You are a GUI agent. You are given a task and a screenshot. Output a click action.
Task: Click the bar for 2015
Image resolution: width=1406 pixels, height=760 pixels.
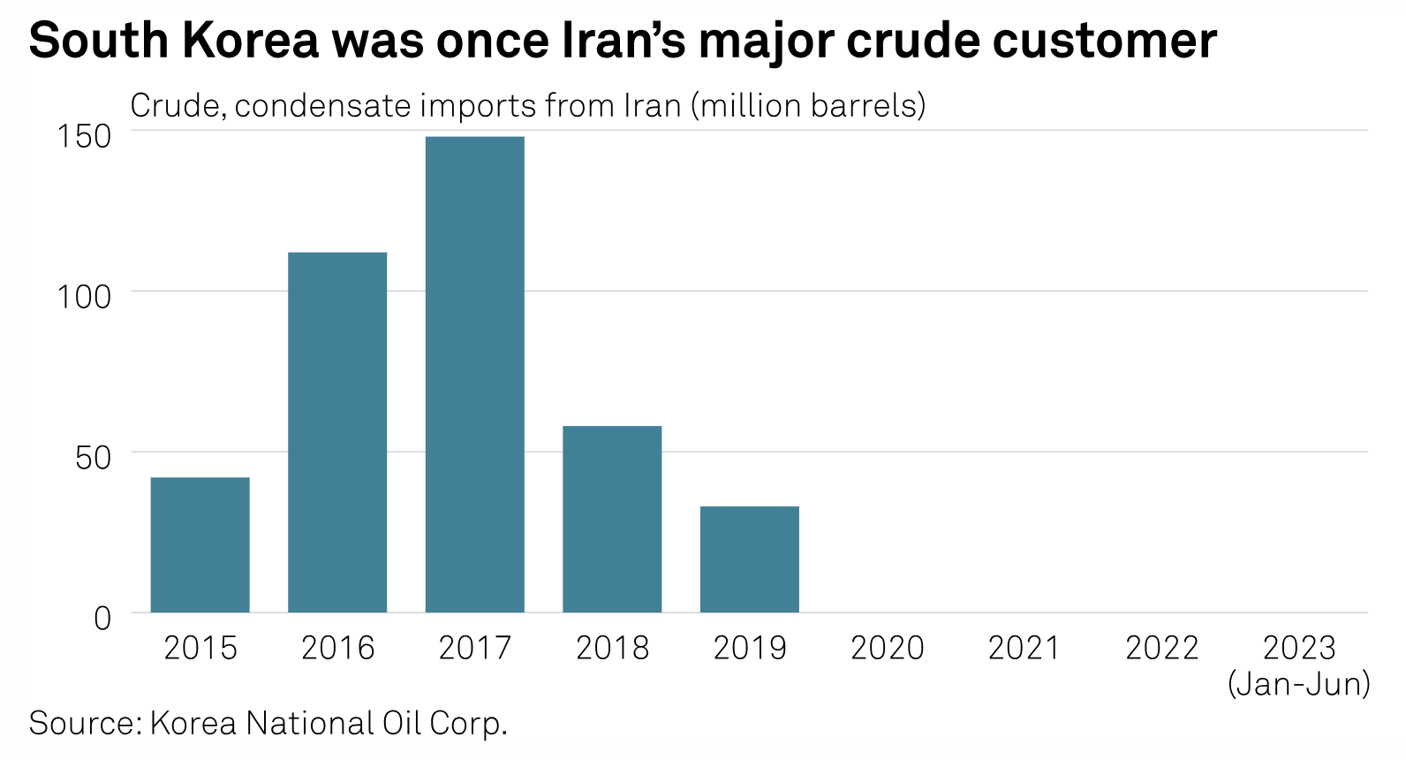point(200,544)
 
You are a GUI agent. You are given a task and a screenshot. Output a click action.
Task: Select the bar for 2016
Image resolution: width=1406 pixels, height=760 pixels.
point(337,432)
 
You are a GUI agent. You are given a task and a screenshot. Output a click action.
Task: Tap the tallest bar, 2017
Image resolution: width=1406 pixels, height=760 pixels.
point(475,374)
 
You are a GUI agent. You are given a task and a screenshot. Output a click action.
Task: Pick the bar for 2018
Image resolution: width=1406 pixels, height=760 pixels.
point(612,519)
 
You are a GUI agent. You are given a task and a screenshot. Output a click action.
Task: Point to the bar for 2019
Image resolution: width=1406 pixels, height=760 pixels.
point(750,559)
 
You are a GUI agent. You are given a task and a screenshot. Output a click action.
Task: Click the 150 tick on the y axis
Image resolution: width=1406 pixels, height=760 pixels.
point(85,136)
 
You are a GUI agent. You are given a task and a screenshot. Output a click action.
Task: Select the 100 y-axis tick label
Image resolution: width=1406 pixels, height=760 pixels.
point(85,296)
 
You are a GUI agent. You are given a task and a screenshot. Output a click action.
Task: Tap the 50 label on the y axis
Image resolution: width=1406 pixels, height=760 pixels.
point(94,457)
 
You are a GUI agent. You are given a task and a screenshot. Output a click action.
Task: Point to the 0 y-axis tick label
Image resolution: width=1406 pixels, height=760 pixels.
point(102,618)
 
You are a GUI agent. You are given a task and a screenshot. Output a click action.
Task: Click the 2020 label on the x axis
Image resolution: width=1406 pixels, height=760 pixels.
point(887,649)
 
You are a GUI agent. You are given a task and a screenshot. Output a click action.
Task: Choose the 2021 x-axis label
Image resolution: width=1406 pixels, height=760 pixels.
point(1024,649)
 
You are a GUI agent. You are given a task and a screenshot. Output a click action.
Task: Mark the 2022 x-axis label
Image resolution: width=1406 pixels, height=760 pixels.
point(1162,649)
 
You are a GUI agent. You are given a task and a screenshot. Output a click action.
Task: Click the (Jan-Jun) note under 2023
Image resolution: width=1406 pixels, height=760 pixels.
point(1299,684)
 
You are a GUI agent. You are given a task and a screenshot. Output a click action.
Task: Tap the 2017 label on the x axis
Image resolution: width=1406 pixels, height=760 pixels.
point(475,649)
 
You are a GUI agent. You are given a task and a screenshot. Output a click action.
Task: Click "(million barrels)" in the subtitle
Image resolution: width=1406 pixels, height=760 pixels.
point(808,106)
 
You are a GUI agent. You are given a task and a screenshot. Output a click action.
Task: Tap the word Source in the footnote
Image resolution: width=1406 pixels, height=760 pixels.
point(85,723)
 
